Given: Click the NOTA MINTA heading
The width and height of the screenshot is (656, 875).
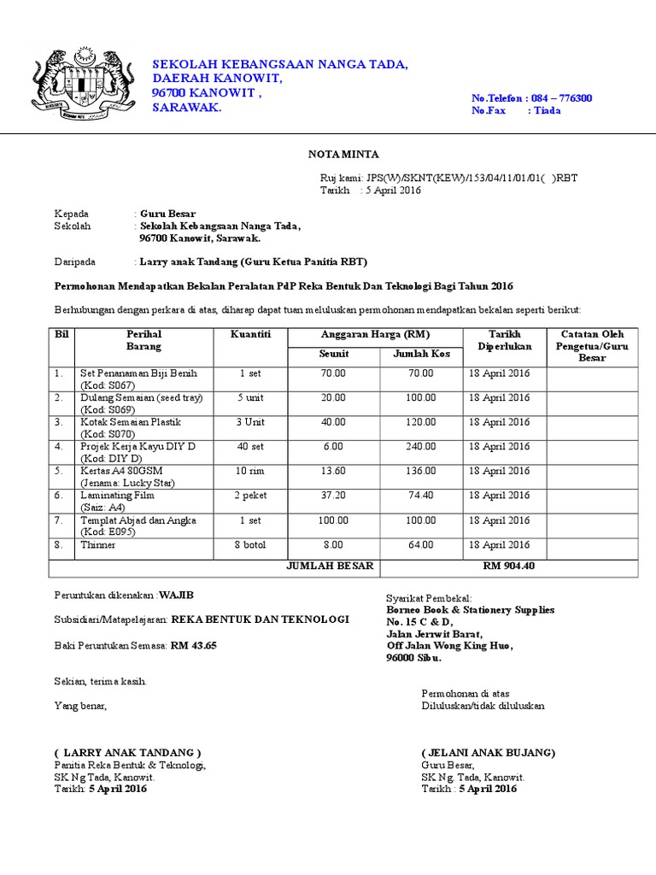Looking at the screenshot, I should click(x=343, y=154).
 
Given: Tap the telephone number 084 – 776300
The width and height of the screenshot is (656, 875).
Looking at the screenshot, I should click(x=561, y=98).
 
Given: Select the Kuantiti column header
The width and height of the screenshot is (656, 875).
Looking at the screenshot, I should click(x=250, y=334).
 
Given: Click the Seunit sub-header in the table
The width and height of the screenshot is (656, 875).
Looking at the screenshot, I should click(x=334, y=354).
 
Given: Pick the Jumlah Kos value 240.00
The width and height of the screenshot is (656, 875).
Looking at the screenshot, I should click(x=420, y=446).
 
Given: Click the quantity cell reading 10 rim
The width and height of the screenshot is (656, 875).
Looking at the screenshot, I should click(x=250, y=471).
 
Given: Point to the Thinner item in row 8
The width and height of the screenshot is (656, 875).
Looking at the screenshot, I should click(x=98, y=544).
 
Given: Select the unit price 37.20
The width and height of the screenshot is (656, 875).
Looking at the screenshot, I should click(x=333, y=495).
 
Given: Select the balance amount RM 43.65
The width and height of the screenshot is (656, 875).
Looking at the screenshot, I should click(x=194, y=645).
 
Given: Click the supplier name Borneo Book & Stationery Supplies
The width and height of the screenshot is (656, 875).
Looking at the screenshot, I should click(x=470, y=609).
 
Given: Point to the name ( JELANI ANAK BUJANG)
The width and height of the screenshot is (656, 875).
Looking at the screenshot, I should click(x=489, y=753).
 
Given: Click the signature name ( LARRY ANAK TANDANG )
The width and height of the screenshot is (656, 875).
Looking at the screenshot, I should click(x=127, y=753).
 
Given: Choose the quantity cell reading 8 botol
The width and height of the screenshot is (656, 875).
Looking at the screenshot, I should click(x=250, y=544).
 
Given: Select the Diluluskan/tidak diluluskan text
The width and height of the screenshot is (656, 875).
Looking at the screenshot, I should click(x=483, y=706).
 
